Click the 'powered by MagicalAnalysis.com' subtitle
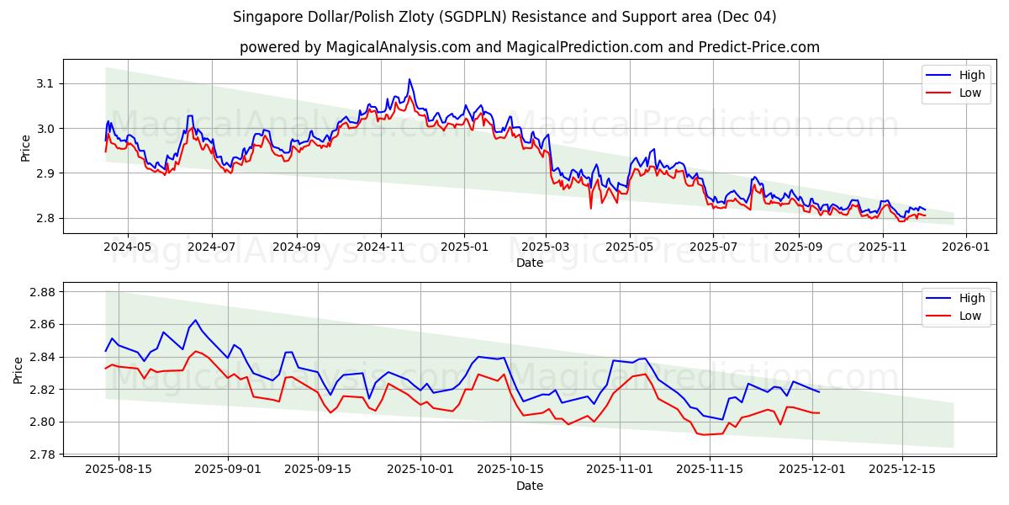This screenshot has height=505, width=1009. click(529, 47)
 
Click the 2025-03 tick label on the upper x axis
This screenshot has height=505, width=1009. click(546, 247)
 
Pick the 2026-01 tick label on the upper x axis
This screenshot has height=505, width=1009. click(965, 247)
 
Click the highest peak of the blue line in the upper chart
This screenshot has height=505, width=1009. click(409, 79)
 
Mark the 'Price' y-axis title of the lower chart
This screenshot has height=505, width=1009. click(18, 369)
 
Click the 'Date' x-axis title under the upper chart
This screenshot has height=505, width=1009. click(529, 263)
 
